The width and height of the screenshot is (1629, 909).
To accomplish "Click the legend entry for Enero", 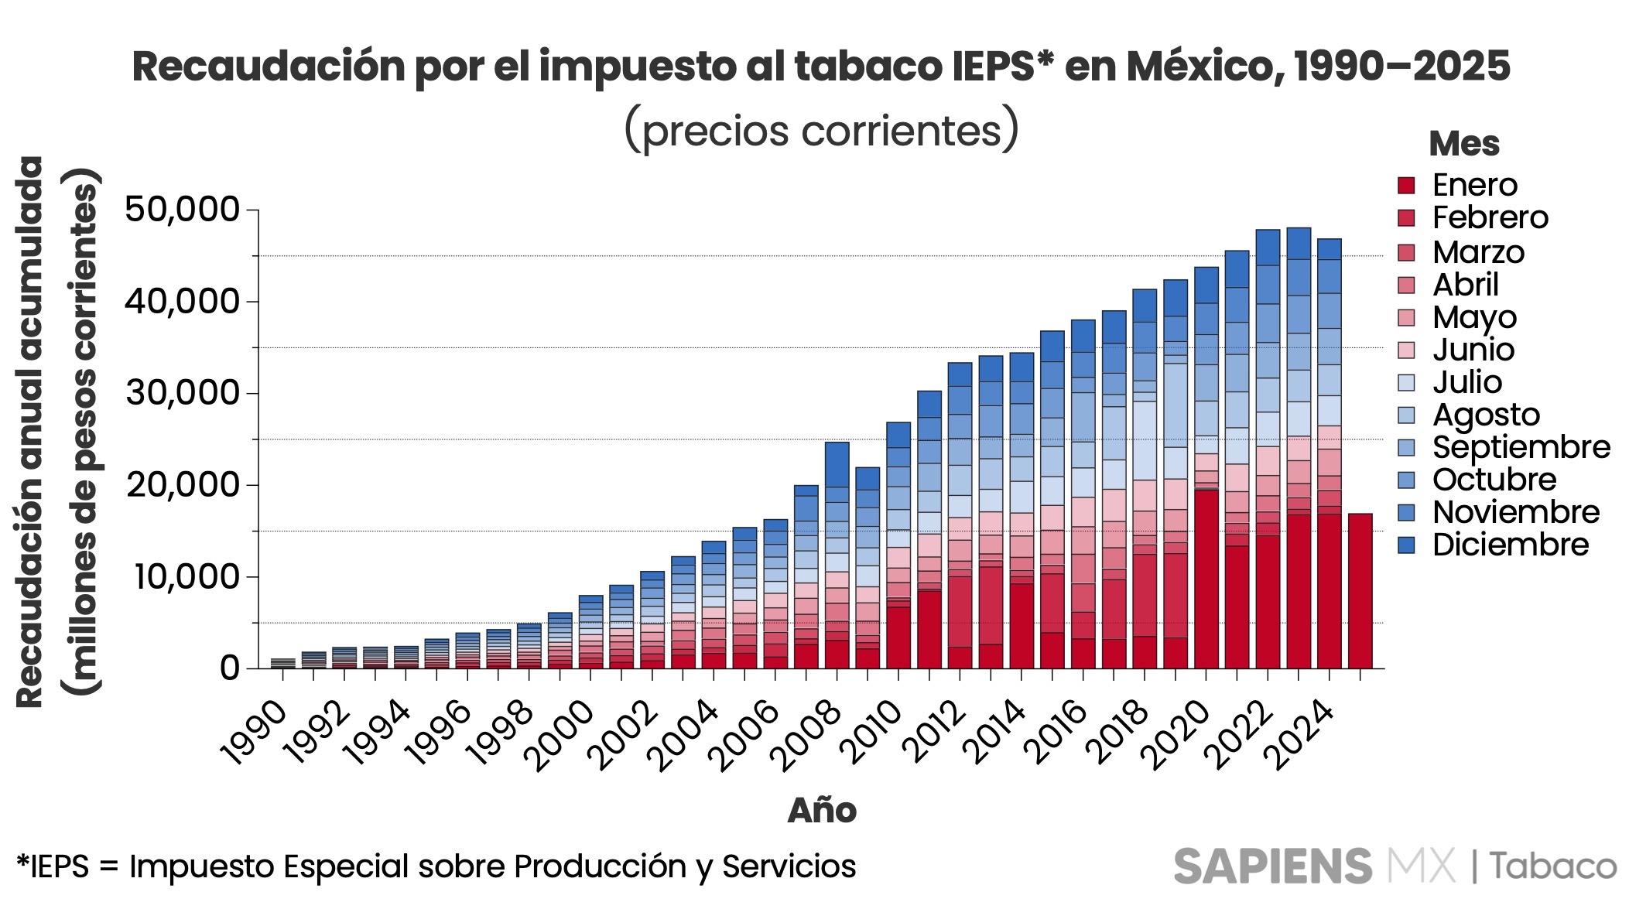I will (1474, 186).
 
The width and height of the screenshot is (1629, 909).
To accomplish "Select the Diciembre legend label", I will (1510, 545).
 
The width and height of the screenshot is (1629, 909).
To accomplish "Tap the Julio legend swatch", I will (1406, 382).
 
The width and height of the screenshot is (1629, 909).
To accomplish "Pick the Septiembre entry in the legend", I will (1521, 447).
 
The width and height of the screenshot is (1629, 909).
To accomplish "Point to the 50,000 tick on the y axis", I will (182, 210).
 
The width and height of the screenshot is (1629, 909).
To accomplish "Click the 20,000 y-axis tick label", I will (182, 485).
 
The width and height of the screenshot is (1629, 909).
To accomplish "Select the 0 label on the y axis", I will (229, 668).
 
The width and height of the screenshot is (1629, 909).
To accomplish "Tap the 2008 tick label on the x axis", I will (810, 736).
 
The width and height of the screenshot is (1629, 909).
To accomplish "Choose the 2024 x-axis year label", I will (1306, 736).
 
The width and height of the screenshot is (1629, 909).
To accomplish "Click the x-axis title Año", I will (822, 811).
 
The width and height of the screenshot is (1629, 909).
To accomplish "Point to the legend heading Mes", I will (1463, 144).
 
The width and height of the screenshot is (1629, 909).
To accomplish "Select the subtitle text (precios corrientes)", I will (821, 130).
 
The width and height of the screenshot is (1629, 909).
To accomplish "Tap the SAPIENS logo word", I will (1272, 866).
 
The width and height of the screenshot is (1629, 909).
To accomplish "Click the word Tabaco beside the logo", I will (1553, 866).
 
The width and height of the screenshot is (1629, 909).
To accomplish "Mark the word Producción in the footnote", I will (600, 866).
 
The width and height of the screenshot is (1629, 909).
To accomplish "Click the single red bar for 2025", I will (1360, 591).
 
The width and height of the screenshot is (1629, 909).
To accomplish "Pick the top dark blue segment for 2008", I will (837, 464).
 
